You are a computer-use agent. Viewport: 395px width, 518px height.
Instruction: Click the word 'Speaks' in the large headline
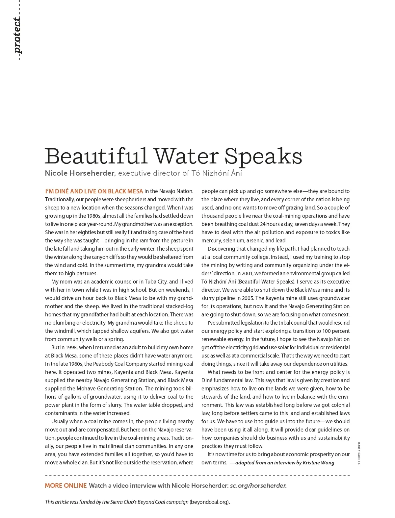coord(263,157)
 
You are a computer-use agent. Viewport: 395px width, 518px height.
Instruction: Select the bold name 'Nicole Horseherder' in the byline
coord(80,173)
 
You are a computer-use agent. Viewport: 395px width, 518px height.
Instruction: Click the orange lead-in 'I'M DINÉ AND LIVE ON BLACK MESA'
coord(94,191)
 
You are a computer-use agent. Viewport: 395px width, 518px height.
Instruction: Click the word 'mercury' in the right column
coord(211,241)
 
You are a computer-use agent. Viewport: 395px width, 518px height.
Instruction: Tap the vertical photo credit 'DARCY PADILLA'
coord(358,453)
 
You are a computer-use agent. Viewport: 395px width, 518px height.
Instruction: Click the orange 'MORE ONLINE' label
coord(66,486)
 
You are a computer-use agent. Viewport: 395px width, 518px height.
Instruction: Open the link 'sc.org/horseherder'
coord(258,486)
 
